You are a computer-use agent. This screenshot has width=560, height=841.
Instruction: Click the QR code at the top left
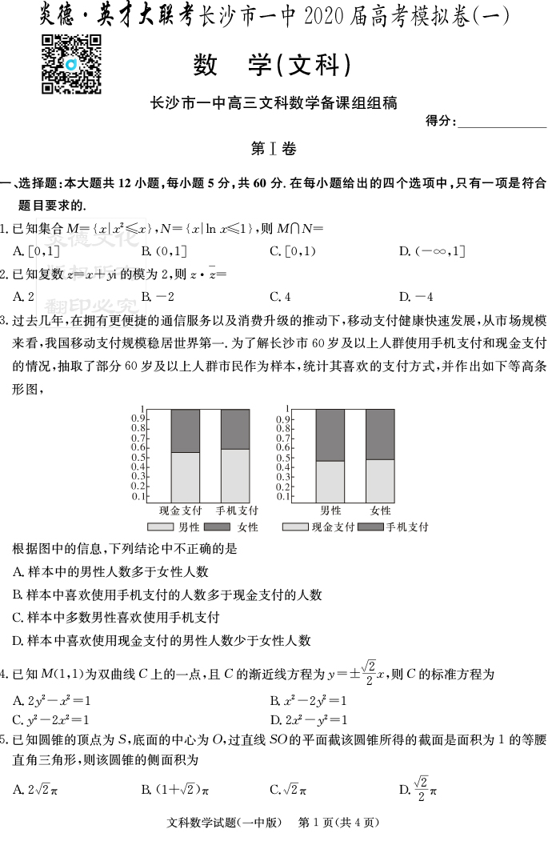click(70, 65)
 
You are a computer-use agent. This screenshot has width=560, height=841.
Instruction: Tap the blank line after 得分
click(502, 122)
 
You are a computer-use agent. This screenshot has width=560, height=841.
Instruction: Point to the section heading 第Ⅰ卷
click(273, 149)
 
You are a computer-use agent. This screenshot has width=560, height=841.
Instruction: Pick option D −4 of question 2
click(415, 296)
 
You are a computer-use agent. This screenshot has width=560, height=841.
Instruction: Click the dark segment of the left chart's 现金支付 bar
click(186, 431)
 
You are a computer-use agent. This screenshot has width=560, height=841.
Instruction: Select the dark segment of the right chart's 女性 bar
click(380, 434)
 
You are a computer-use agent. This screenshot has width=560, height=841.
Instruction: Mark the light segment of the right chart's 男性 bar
click(330, 481)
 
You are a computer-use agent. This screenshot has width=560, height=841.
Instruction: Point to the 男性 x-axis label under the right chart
click(330, 511)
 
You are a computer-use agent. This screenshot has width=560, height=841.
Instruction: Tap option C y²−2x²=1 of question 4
click(51, 719)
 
